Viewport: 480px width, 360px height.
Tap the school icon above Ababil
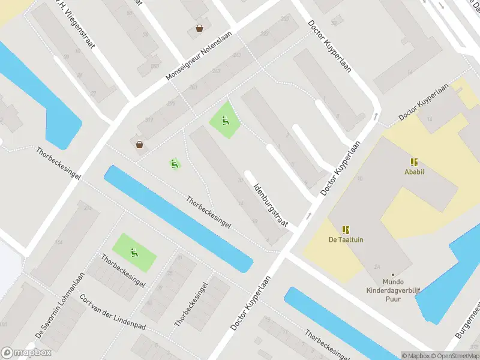(x=413, y=161)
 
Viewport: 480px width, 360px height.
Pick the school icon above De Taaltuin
(x=346, y=229)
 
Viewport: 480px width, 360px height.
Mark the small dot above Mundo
(x=393, y=274)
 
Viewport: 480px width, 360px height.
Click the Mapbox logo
(x=26, y=353)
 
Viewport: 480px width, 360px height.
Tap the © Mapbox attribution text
(x=413, y=356)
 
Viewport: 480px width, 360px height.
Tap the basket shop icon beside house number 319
(x=139, y=144)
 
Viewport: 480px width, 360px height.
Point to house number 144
(x=58, y=242)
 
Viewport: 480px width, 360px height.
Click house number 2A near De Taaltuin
(x=377, y=266)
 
